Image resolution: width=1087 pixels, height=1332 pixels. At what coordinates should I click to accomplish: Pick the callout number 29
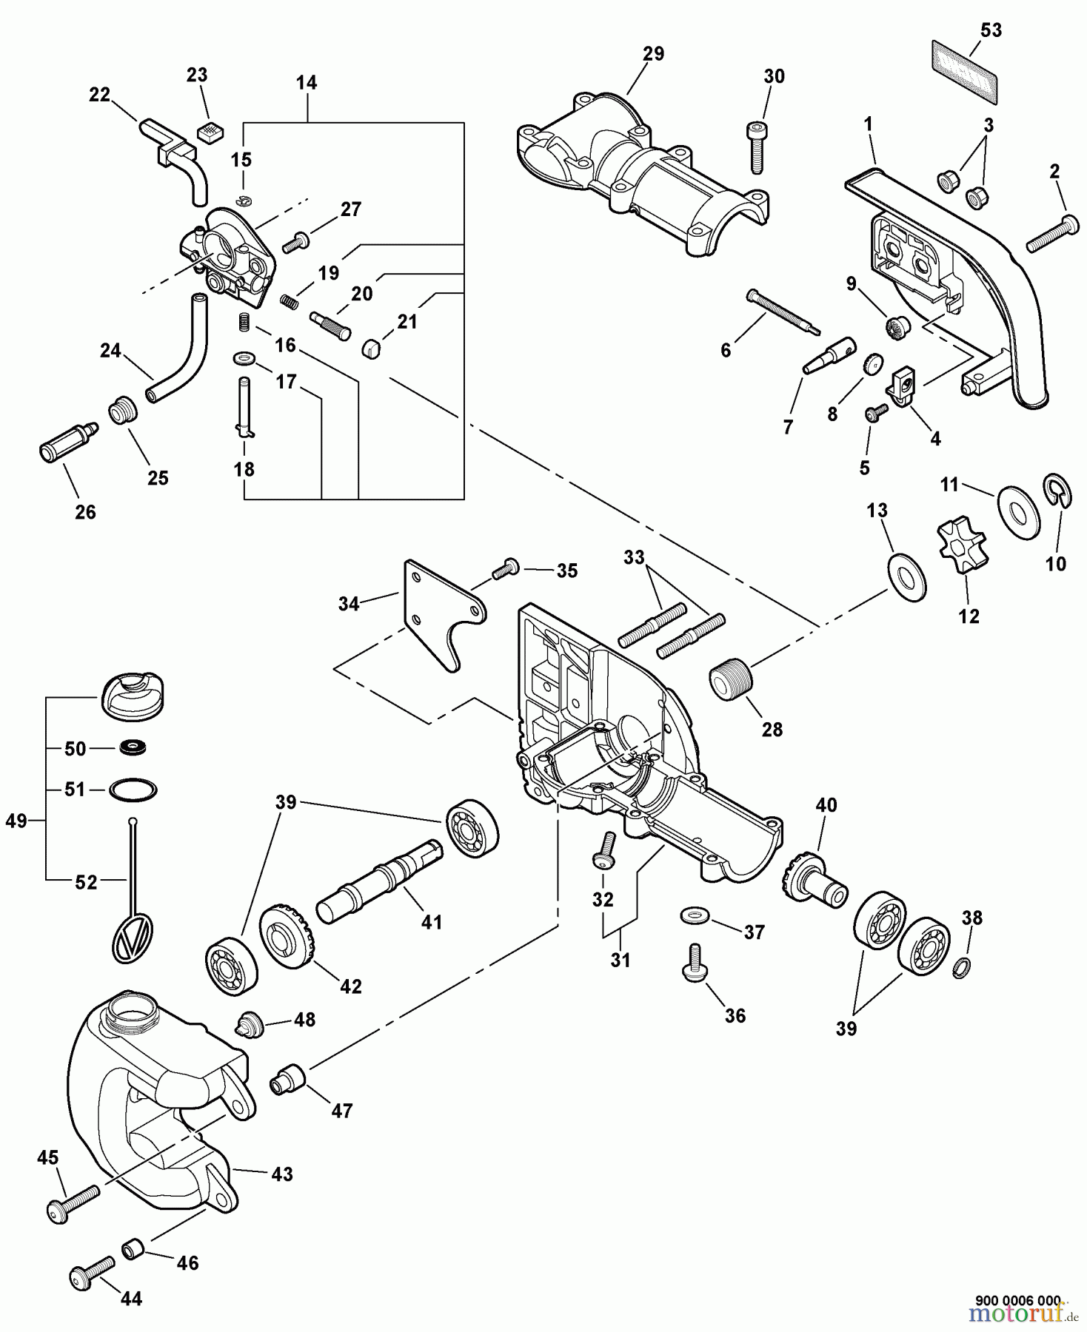click(653, 54)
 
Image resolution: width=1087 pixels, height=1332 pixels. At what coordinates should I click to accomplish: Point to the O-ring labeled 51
click(133, 790)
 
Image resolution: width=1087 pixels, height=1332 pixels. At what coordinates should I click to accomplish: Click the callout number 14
click(306, 83)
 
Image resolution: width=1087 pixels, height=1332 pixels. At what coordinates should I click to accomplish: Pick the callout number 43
click(281, 1174)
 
